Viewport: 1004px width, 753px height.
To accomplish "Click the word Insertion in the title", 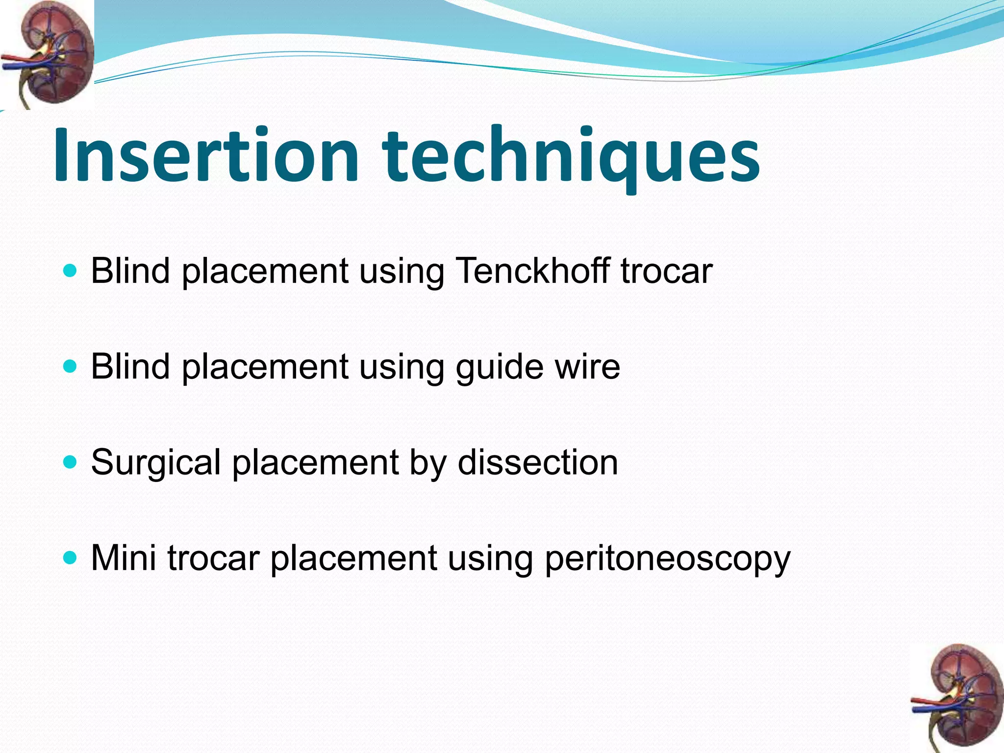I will coord(206,156).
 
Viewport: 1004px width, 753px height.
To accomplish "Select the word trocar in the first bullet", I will coord(666,271).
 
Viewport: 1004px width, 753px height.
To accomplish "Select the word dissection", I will coord(537,462).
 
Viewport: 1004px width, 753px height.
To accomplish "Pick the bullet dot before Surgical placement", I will coord(71,462).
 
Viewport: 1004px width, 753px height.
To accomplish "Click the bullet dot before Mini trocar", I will coord(71,557).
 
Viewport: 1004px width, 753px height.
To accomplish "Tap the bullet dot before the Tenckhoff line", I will coord(71,270).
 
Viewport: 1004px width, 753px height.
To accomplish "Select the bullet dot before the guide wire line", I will coord(71,366).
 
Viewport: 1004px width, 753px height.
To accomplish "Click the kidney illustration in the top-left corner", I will coord(47,54).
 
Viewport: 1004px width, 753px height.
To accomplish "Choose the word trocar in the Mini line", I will coord(213,558).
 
